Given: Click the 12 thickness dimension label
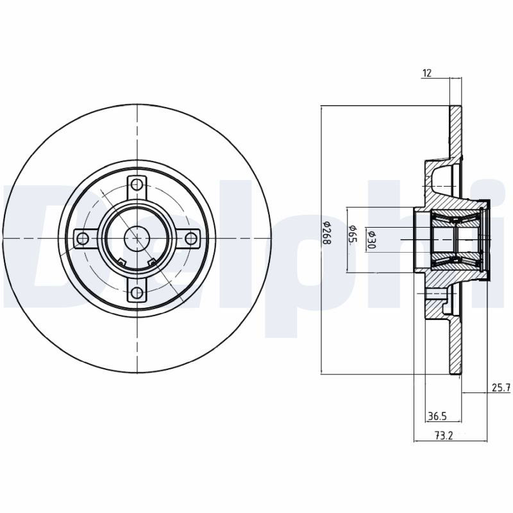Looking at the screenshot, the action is pyautogui.click(x=427, y=73).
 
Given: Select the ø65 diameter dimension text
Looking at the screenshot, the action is pyautogui.click(x=353, y=234).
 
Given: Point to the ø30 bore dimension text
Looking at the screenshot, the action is pyautogui.click(x=371, y=239).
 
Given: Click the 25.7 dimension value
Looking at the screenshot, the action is pyautogui.click(x=501, y=388).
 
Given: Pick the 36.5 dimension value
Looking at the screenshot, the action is pyautogui.click(x=437, y=416).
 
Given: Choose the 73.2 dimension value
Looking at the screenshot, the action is pyautogui.click(x=443, y=435).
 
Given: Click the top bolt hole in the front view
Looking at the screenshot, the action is pyautogui.click(x=137, y=185).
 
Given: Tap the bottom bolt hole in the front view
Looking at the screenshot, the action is pyautogui.click(x=137, y=292).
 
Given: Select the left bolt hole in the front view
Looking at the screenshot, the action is pyautogui.click(x=83, y=239).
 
